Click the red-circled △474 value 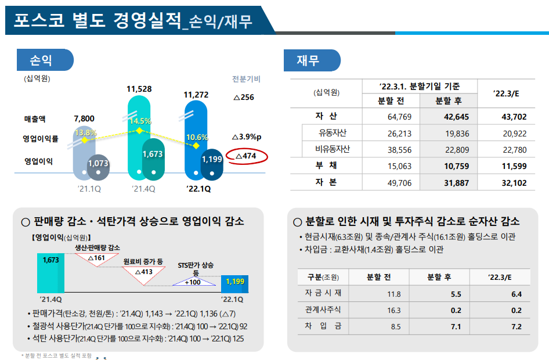tap(247, 156)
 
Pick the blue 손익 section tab tap(45, 60)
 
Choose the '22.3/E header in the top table tap(505, 93)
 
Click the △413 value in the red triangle tap(143, 271)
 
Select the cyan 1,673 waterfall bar tap(50, 273)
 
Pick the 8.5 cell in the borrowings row tap(396, 327)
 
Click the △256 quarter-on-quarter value tap(243, 97)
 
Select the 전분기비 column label tap(246, 79)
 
